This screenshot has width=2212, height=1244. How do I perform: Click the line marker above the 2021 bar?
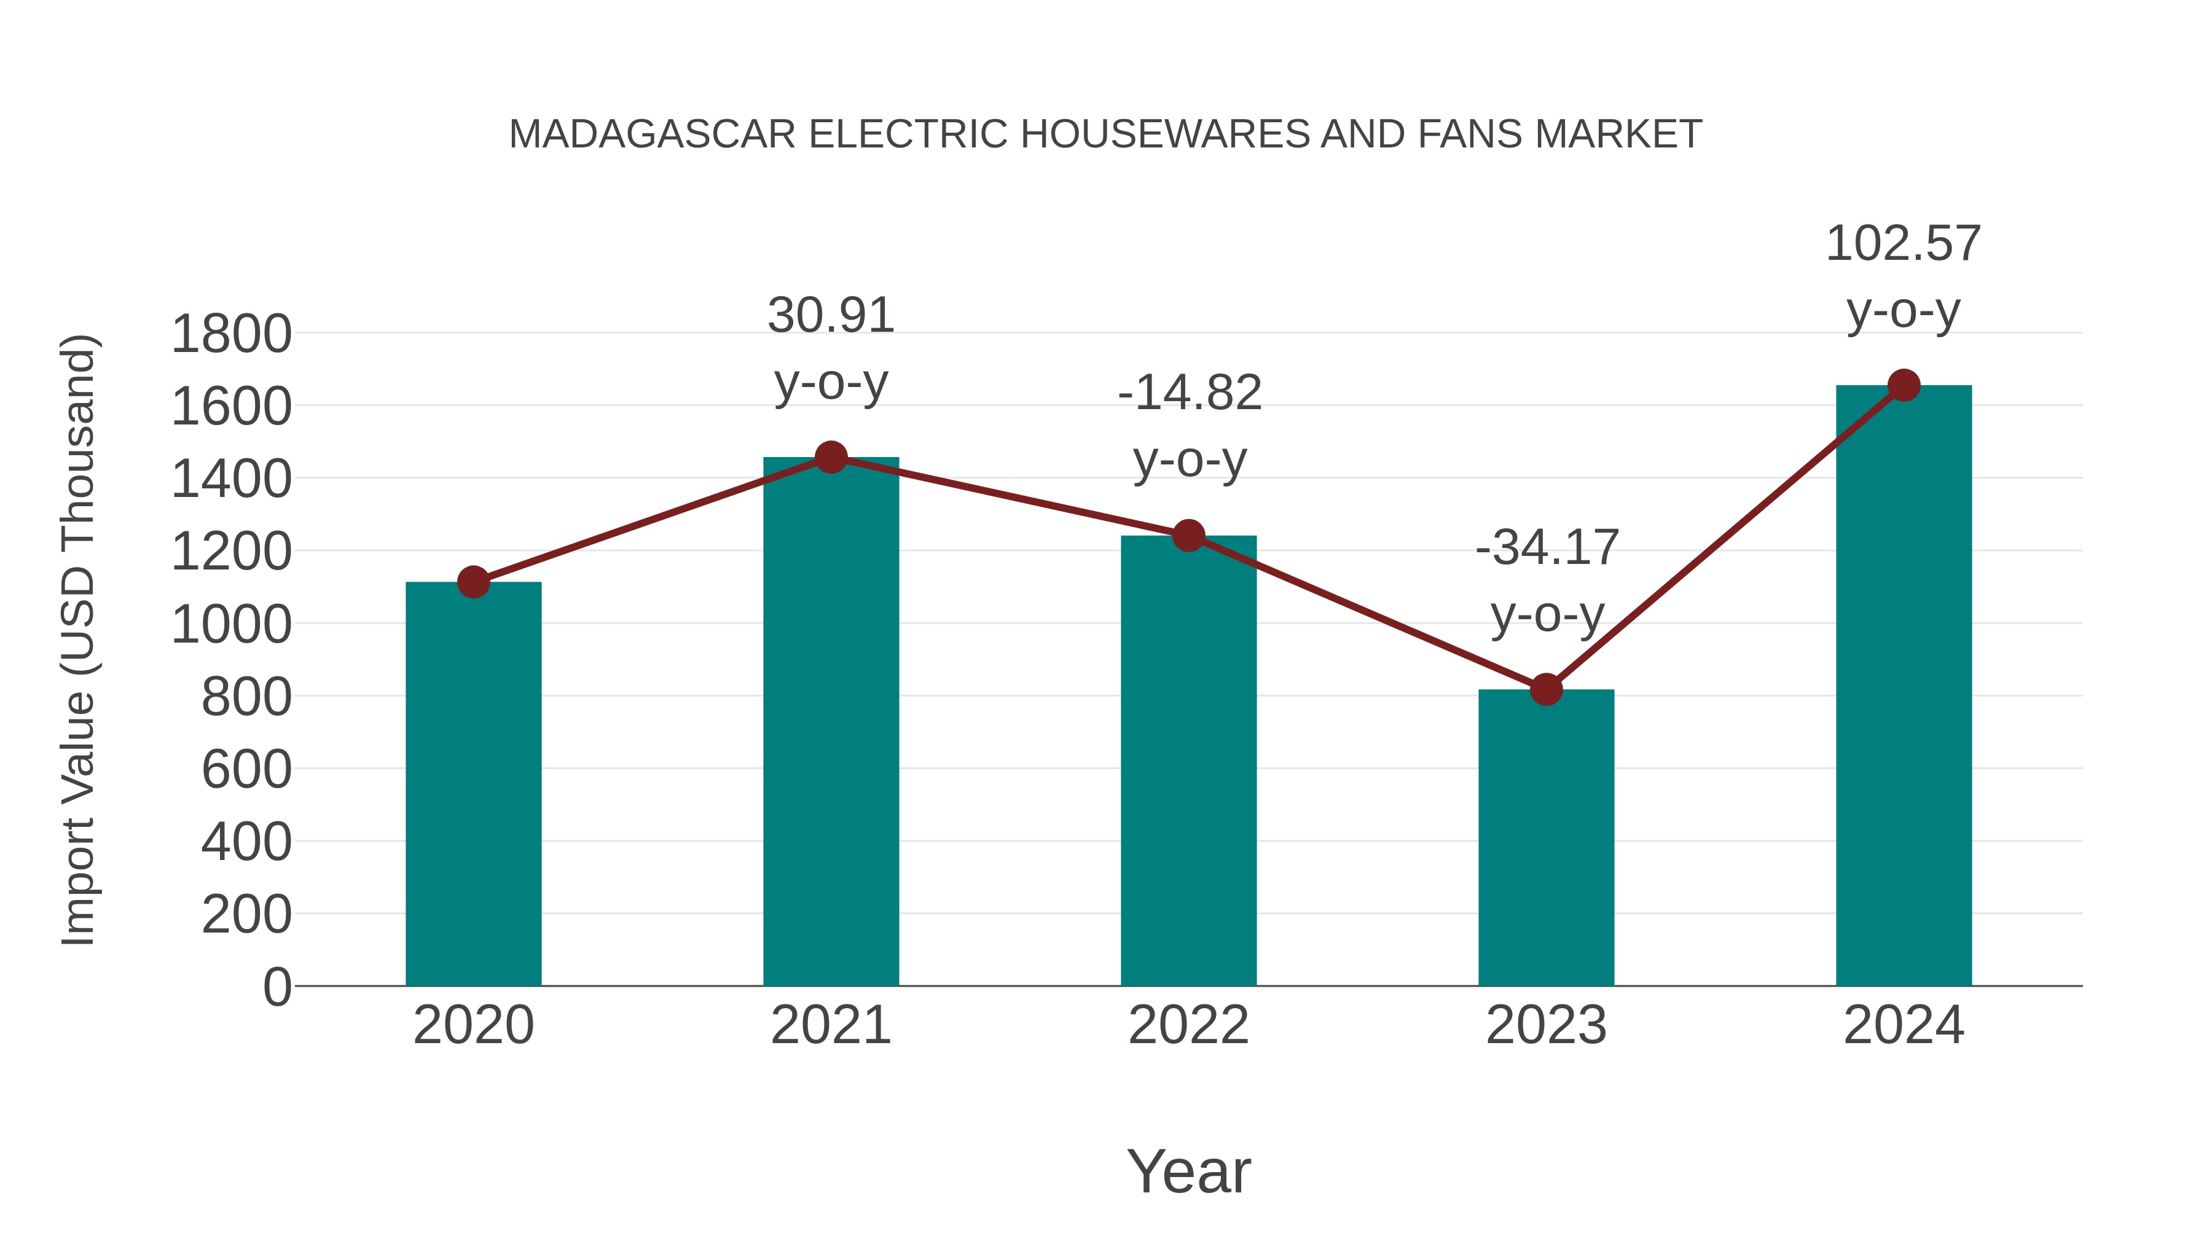click(x=830, y=458)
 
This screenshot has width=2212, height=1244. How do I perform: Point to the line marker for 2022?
click(x=1188, y=536)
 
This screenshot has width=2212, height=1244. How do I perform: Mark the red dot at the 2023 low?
click(x=1546, y=689)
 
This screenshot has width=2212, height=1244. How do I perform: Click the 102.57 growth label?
click(x=1903, y=244)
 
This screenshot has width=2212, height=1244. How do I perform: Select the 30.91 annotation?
click(x=830, y=316)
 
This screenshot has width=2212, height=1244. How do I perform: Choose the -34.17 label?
click(x=1547, y=548)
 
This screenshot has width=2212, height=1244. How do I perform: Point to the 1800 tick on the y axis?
click(x=231, y=335)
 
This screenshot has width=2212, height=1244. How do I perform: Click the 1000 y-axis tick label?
click(x=231, y=625)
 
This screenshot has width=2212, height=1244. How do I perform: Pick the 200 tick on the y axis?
click(x=246, y=915)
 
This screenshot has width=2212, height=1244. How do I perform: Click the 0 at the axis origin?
click(x=277, y=987)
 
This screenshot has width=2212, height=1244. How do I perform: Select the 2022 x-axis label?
click(x=1188, y=1025)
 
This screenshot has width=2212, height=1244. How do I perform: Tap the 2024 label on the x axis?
click(x=1904, y=1025)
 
